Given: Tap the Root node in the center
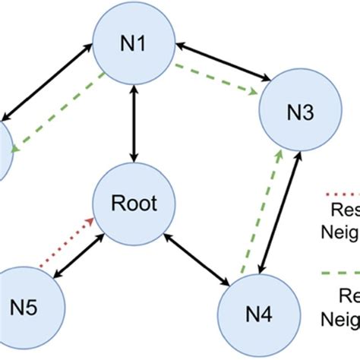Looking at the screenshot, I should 134,203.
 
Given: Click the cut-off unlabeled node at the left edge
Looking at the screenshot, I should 5,150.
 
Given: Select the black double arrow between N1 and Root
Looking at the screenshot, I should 134,123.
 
